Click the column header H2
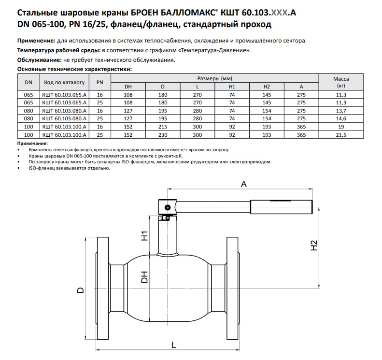coord(267,86)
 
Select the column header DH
coord(128,86)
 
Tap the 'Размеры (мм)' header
coord(215,78)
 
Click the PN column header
coord(100,82)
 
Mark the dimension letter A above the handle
coord(243,184)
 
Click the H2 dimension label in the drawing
coord(313,245)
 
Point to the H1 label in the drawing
coord(144,237)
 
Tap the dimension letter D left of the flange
coord(81,290)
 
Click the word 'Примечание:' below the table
coord(32,144)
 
